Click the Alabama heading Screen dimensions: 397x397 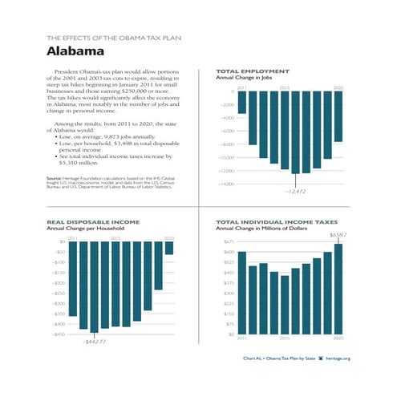75,51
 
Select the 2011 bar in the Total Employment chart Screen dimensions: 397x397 241,102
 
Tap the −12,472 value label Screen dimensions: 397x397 295,192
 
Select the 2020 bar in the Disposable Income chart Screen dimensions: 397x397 168,248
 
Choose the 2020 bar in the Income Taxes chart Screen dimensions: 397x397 338,289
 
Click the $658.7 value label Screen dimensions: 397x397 338,234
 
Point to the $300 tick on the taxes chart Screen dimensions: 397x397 229,294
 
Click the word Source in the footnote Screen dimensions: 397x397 54,178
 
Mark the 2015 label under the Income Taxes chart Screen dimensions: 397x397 285,339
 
